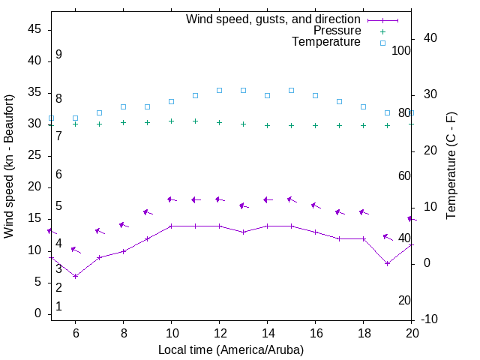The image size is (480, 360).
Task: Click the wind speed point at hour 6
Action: (75, 276)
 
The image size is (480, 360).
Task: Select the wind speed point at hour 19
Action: (387, 263)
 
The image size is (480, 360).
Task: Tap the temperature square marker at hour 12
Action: (219, 90)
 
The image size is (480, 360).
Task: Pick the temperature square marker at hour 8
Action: (123, 107)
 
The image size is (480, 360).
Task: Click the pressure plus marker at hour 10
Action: (171, 121)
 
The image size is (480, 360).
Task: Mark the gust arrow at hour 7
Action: (100, 232)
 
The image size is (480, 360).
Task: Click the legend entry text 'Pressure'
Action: (337, 31)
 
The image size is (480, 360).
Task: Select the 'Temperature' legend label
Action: (326, 42)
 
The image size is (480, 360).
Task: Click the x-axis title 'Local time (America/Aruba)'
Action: (231, 349)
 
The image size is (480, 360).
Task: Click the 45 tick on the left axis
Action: (34, 30)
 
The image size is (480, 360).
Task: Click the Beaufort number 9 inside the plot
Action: (58, 55)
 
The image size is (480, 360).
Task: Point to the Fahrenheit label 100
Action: (401, 50)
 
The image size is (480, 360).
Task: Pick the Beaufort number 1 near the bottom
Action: (58, 307)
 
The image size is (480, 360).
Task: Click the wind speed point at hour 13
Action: (243, 232)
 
